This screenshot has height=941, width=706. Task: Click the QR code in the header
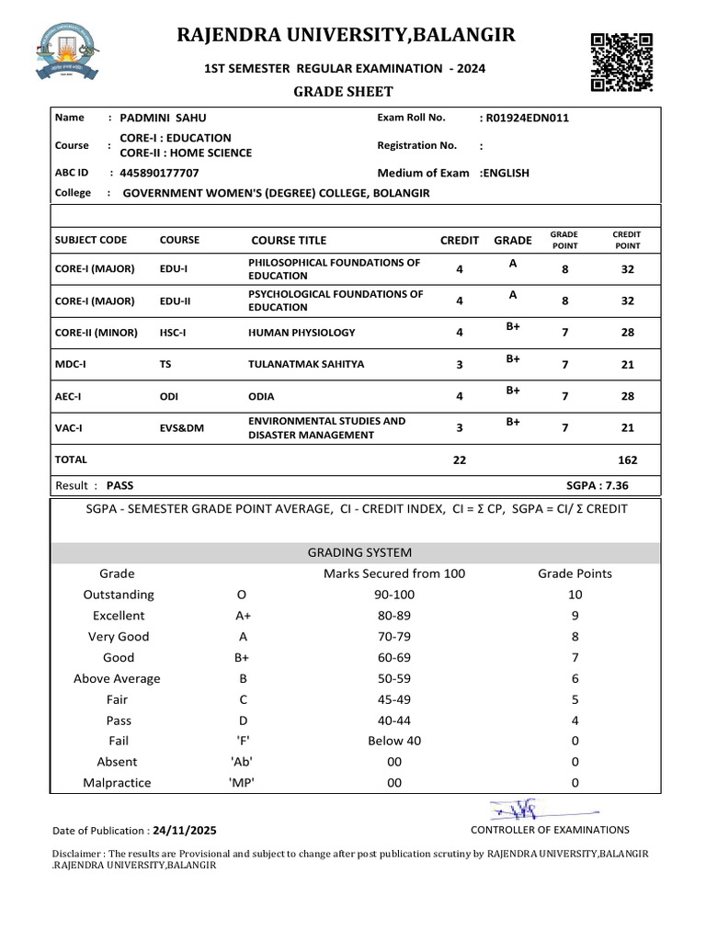click(x=621, y=62)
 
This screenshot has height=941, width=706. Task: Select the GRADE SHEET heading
click(x=342, y=91)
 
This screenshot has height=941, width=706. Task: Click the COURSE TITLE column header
click(x=289, y=241)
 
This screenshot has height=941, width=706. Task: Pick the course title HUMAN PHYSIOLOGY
click(x=302, y=333)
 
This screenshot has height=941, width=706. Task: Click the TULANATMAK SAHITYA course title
click(x=306, y=364)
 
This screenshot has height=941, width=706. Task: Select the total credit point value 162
click(x=627, y=460)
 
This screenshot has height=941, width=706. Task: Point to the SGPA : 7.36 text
click(x=598, y=485)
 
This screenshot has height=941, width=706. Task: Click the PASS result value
click(x=120, y=485)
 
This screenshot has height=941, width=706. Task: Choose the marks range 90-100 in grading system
click(x=394, y=595)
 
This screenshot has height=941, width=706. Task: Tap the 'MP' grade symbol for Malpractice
click(x=241, y=783)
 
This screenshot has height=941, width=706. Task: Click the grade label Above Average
click(x=117, y=678)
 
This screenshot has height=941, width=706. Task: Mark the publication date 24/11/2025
click(x=185, y=830)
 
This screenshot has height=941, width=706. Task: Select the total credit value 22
click(x=460, y=460)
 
